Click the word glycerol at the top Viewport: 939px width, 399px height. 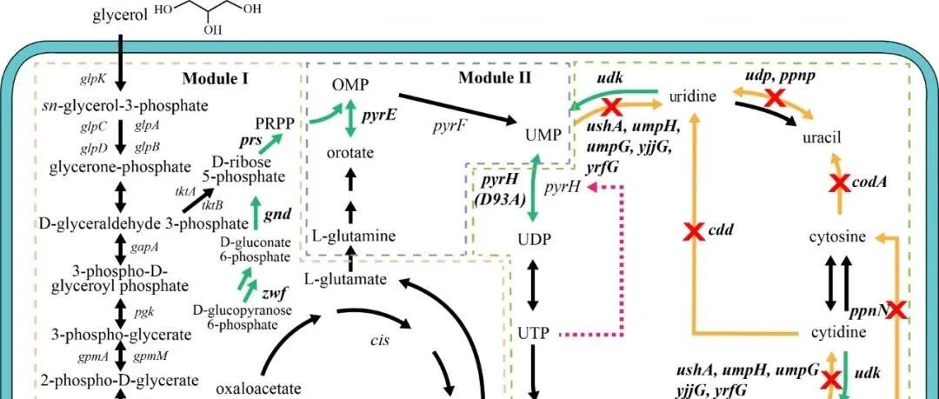(120, 17)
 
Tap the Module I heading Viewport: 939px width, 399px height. (216, 79)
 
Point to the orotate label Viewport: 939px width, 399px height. (350, 153)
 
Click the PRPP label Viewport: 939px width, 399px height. (274, 123)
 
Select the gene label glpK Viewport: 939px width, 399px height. (93, 79)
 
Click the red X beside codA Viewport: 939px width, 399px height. (839, 183)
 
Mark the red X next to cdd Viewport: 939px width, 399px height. (693, 232)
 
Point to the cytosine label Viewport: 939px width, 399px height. (836, 236)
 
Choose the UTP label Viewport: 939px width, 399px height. (534, 333)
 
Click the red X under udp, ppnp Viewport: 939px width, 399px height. (771, 97)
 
